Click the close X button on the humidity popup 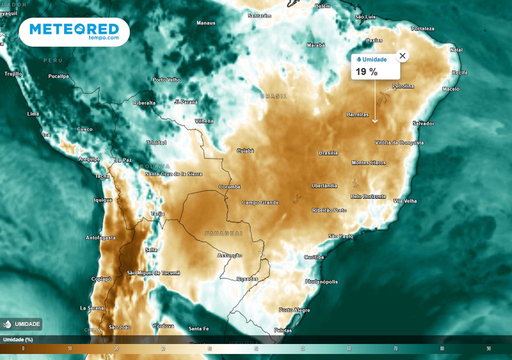(402, 55)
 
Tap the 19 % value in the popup (366, 72)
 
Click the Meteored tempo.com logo (74, 32)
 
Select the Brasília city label (328, 153)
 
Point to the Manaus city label (206, 23)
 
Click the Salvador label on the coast (423, 123)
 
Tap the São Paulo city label (341, 236)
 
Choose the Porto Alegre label (294, 310)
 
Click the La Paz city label (123, 160)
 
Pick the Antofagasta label (100, 237)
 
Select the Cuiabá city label (245, 150)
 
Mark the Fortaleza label (423, 28)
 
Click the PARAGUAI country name (223, 233)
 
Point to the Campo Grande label (260, 202)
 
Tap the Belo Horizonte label (368, 196)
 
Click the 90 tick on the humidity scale (488, 348)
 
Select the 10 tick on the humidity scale (70, 348)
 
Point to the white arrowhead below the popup (375, 120)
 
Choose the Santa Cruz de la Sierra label (173, 174)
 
